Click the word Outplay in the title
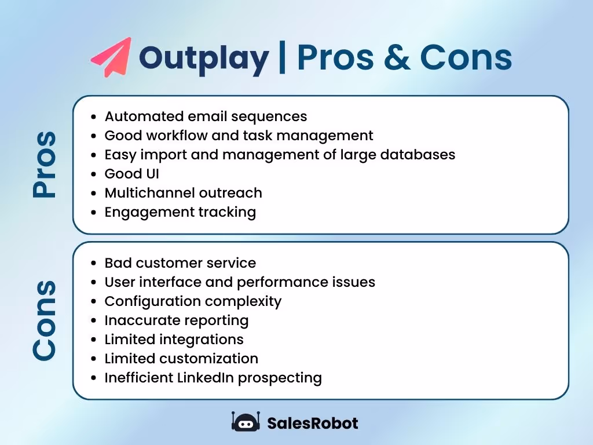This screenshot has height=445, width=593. click(x=204, y=57)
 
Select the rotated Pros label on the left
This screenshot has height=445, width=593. click(x=45, y=165)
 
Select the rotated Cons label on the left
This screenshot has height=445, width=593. click(x=45, y=320)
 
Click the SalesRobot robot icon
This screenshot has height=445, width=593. click(x=244, y=422)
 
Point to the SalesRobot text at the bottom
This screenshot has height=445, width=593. click(x=312, y=423)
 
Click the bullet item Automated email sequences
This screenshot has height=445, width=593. click(x=206, y=116)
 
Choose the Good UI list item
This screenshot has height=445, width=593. click(x=131, y=174)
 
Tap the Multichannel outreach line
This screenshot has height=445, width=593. click(x=183, y=193)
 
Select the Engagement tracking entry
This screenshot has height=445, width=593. click(x=180, y=212)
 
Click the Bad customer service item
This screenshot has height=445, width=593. click(x=180, y=263)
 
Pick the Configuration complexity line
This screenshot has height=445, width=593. click(x=193, y=301)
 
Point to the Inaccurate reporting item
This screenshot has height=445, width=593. click(x=176, y=320)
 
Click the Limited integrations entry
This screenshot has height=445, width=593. click(x=174, y=340)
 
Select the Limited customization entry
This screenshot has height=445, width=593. click(x=181, y=359)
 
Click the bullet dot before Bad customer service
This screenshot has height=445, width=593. click(x=94, y=264)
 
